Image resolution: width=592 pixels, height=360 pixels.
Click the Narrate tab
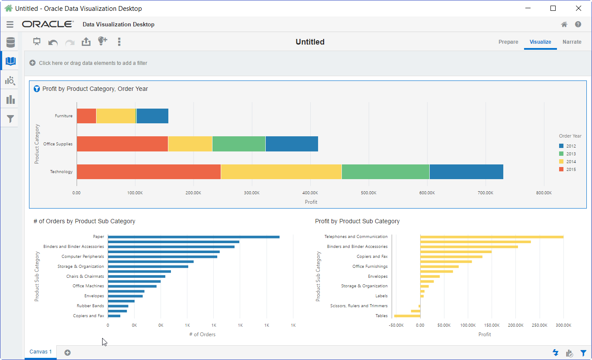(x=572, y=42)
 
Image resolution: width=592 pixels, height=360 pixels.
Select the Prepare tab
(x=508, y=42)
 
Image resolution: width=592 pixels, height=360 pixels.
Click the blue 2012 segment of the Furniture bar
(x=152, y=116)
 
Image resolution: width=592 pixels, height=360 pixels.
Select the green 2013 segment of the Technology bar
(x=385, y=172)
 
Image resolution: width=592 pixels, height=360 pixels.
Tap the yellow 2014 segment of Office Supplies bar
(x=190, y=144)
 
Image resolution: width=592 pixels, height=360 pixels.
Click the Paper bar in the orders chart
(x=193, y=237)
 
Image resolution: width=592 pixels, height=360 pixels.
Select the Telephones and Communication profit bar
(x=492, y=237)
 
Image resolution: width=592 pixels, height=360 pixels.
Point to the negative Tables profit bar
(x=407, y=316)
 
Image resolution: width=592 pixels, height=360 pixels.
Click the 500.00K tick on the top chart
(x=369, y=193)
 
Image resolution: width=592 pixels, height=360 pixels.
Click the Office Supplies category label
(x=58, y=144)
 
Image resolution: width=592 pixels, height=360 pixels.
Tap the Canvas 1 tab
(x=41, y=352)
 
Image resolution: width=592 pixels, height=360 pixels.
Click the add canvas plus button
(x=68, y=353)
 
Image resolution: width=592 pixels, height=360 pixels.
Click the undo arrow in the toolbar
(x=53, y=42)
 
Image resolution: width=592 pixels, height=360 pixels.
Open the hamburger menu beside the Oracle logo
(x=10, y=25)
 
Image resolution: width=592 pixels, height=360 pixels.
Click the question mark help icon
(x=578, y=25)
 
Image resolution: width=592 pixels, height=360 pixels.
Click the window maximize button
(x=553, y=8)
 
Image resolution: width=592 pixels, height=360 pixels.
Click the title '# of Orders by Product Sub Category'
(x=84, y=221)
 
